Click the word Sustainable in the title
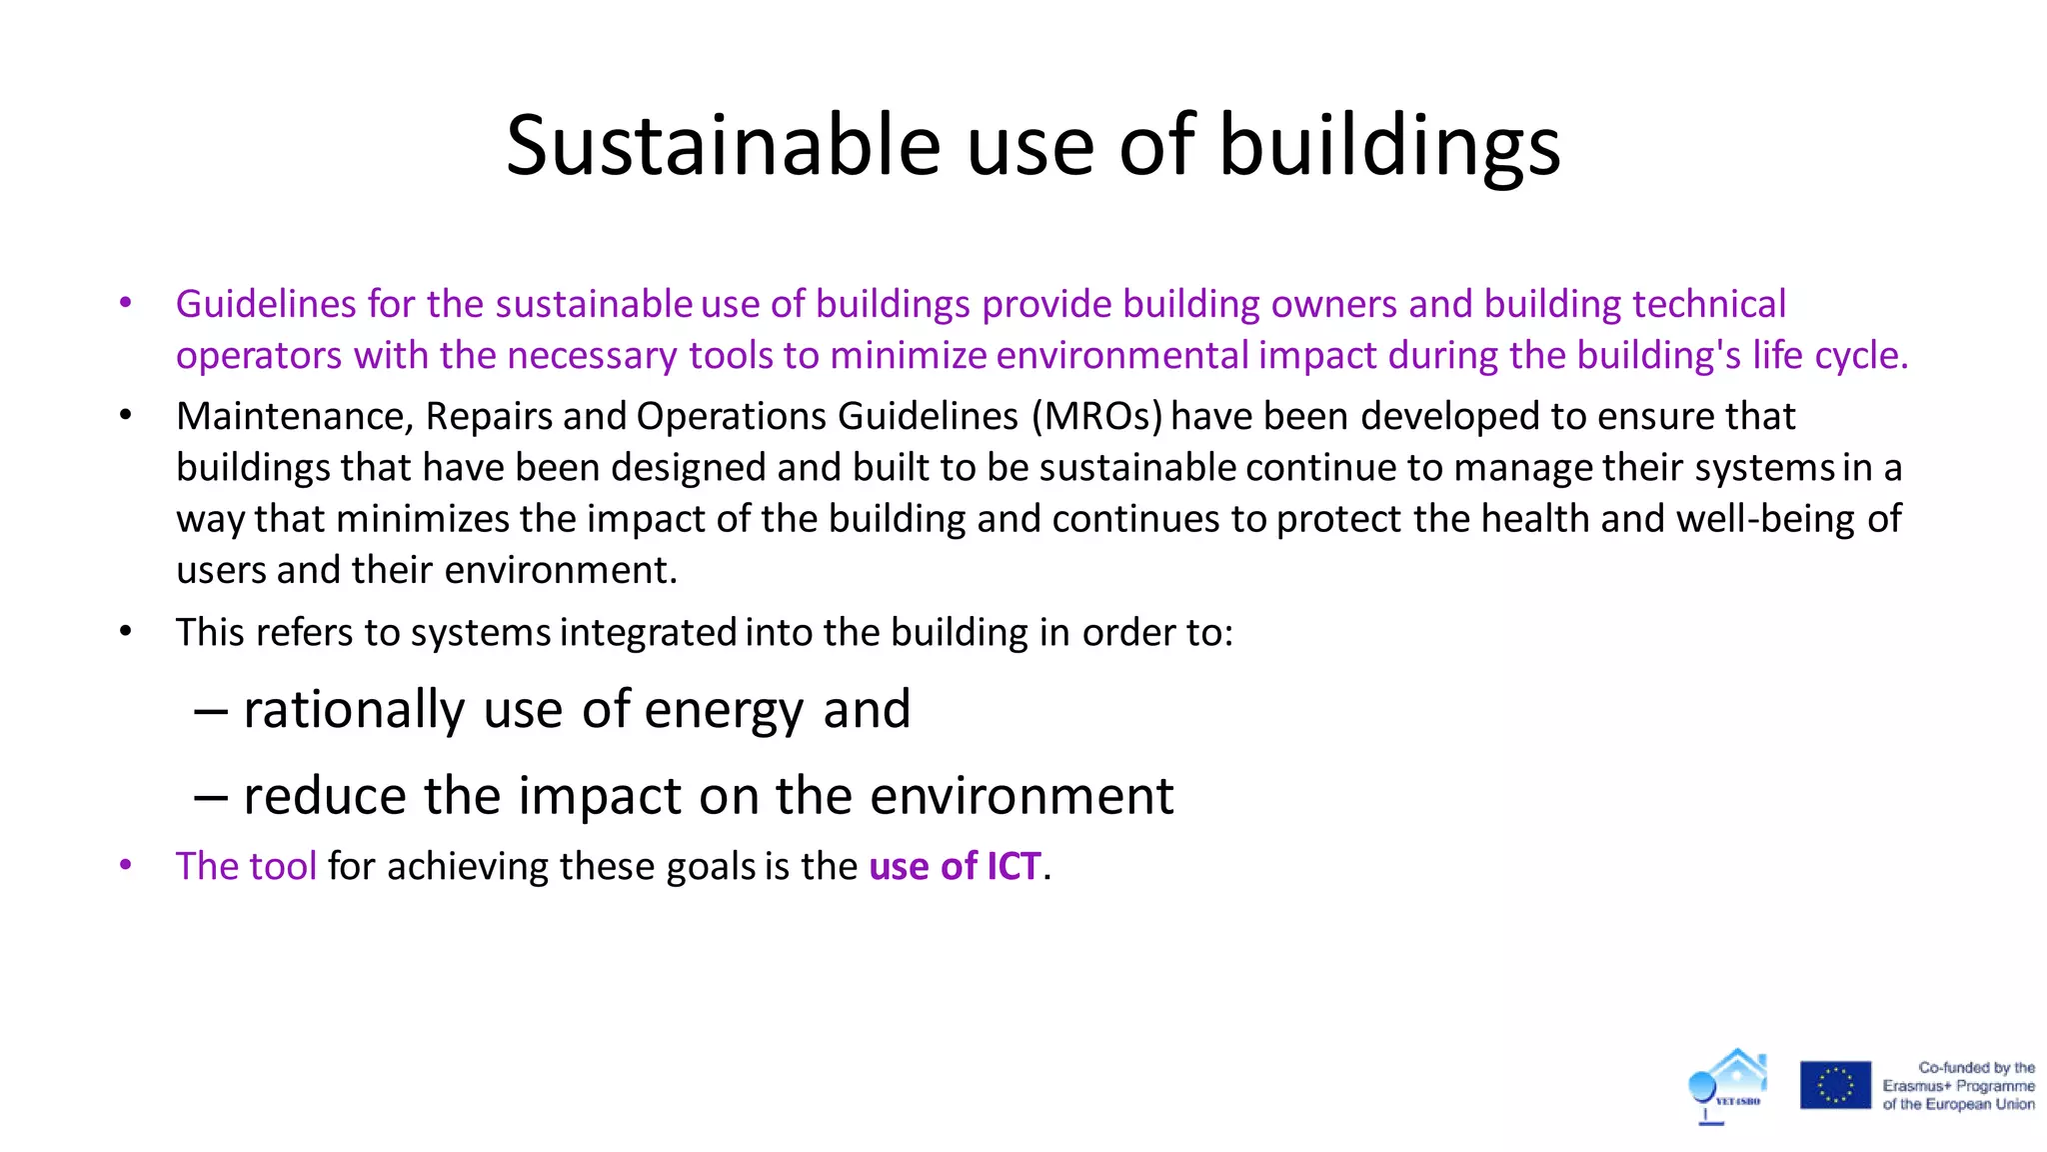723,146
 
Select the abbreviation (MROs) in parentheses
1097,416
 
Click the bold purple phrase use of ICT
955,866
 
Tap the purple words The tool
246,866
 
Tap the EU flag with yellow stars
1835,1085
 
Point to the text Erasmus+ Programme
1958,1086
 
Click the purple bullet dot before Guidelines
125,303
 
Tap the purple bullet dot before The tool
125,865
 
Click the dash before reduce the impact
210,796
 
